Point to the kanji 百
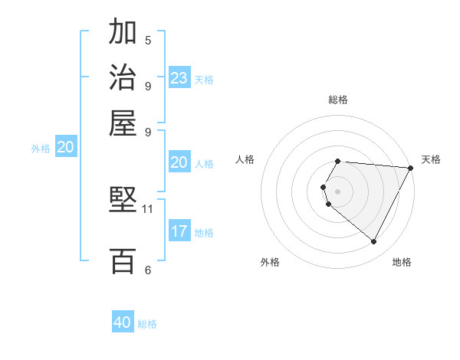[x=123, y=261]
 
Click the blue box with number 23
[x=179, y=78]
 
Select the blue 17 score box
[x=179, y=231]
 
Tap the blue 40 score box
[x=123, y=322]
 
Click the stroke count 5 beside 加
[x=148, y=40]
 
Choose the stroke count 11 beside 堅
[x=148, y=208]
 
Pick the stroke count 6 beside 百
[x=148, y=270]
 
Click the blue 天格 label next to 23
[x=204, y=80]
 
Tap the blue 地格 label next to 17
[x=204, y=233]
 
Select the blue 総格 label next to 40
[x=147, y=324]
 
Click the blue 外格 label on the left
[x=41, y=149]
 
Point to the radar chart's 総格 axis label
[x=338, y=100]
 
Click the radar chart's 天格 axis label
[x=431, y=159]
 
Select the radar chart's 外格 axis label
[x=270, y=262]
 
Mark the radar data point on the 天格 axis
[x=411, y=168]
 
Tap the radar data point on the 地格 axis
[x=374, y=242]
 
